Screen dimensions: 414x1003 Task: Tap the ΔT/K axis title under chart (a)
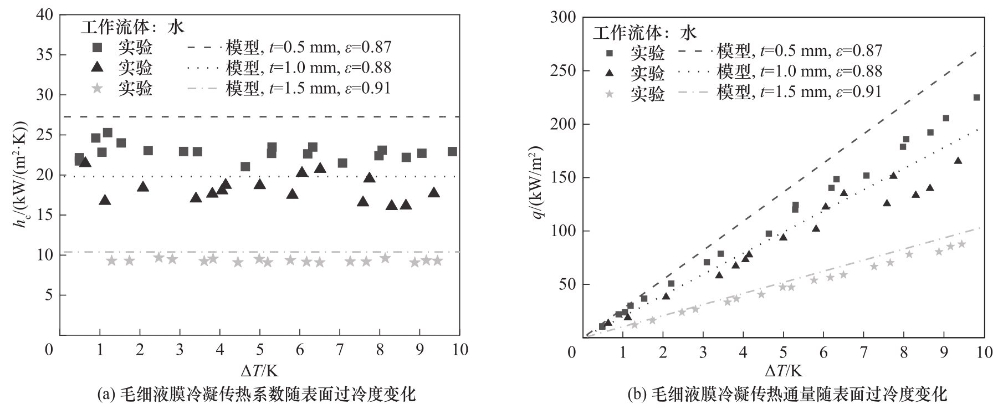(259, 370)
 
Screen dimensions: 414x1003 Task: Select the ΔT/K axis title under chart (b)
(784, 370)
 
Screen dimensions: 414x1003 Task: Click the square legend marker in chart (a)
(98, 47)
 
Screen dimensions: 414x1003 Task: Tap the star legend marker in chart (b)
(610, 94)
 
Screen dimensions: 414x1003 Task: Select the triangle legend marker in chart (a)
(98, 68)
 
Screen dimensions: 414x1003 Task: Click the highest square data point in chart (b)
(976, 98)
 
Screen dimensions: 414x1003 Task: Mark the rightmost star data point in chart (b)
(961, 244)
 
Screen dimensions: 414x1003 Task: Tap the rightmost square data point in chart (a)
(452, 151)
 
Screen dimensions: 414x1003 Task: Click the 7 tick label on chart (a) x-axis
(340, 350)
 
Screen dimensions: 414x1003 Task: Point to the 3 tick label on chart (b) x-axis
(703, 352)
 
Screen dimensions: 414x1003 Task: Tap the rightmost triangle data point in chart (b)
(958, 161)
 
